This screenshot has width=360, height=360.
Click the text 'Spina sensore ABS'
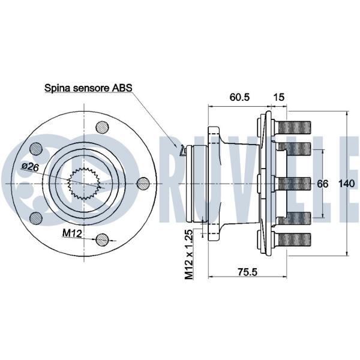coord(88,88)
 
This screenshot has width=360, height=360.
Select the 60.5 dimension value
coord(239,96)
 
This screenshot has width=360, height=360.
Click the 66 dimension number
coord(323,184)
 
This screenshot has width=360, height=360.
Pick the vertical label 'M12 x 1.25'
coord(188,255)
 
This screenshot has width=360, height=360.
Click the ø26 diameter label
coord(30,167)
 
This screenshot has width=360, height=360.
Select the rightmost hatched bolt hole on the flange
coord(143,183)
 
